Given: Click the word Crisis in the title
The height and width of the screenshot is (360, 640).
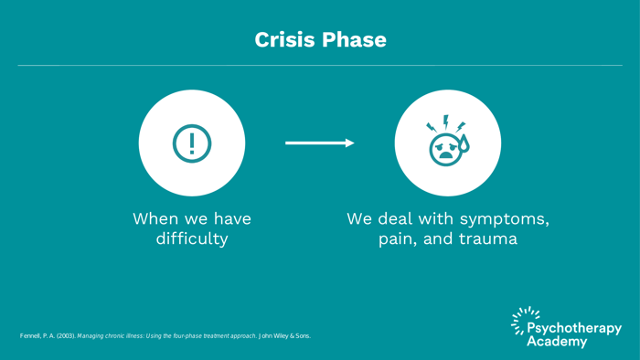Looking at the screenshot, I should pos(284,40).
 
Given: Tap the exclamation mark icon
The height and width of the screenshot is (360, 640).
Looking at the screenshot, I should pos(192,143).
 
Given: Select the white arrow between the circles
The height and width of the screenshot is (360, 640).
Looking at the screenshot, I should pos(319,143).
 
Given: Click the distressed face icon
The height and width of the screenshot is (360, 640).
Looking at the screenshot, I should pos(445,148).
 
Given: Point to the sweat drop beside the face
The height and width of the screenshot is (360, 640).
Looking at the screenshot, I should pos(464,143).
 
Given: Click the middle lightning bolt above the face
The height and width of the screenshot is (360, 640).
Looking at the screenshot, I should pos(446,121).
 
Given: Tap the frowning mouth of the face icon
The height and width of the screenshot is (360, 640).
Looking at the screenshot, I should pos(445,156).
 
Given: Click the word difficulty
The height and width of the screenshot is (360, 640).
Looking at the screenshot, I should pos(192,239).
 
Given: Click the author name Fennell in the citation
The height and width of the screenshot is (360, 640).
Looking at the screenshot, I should pos(33,336).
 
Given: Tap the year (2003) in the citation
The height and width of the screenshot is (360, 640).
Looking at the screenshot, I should pos(65,336).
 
